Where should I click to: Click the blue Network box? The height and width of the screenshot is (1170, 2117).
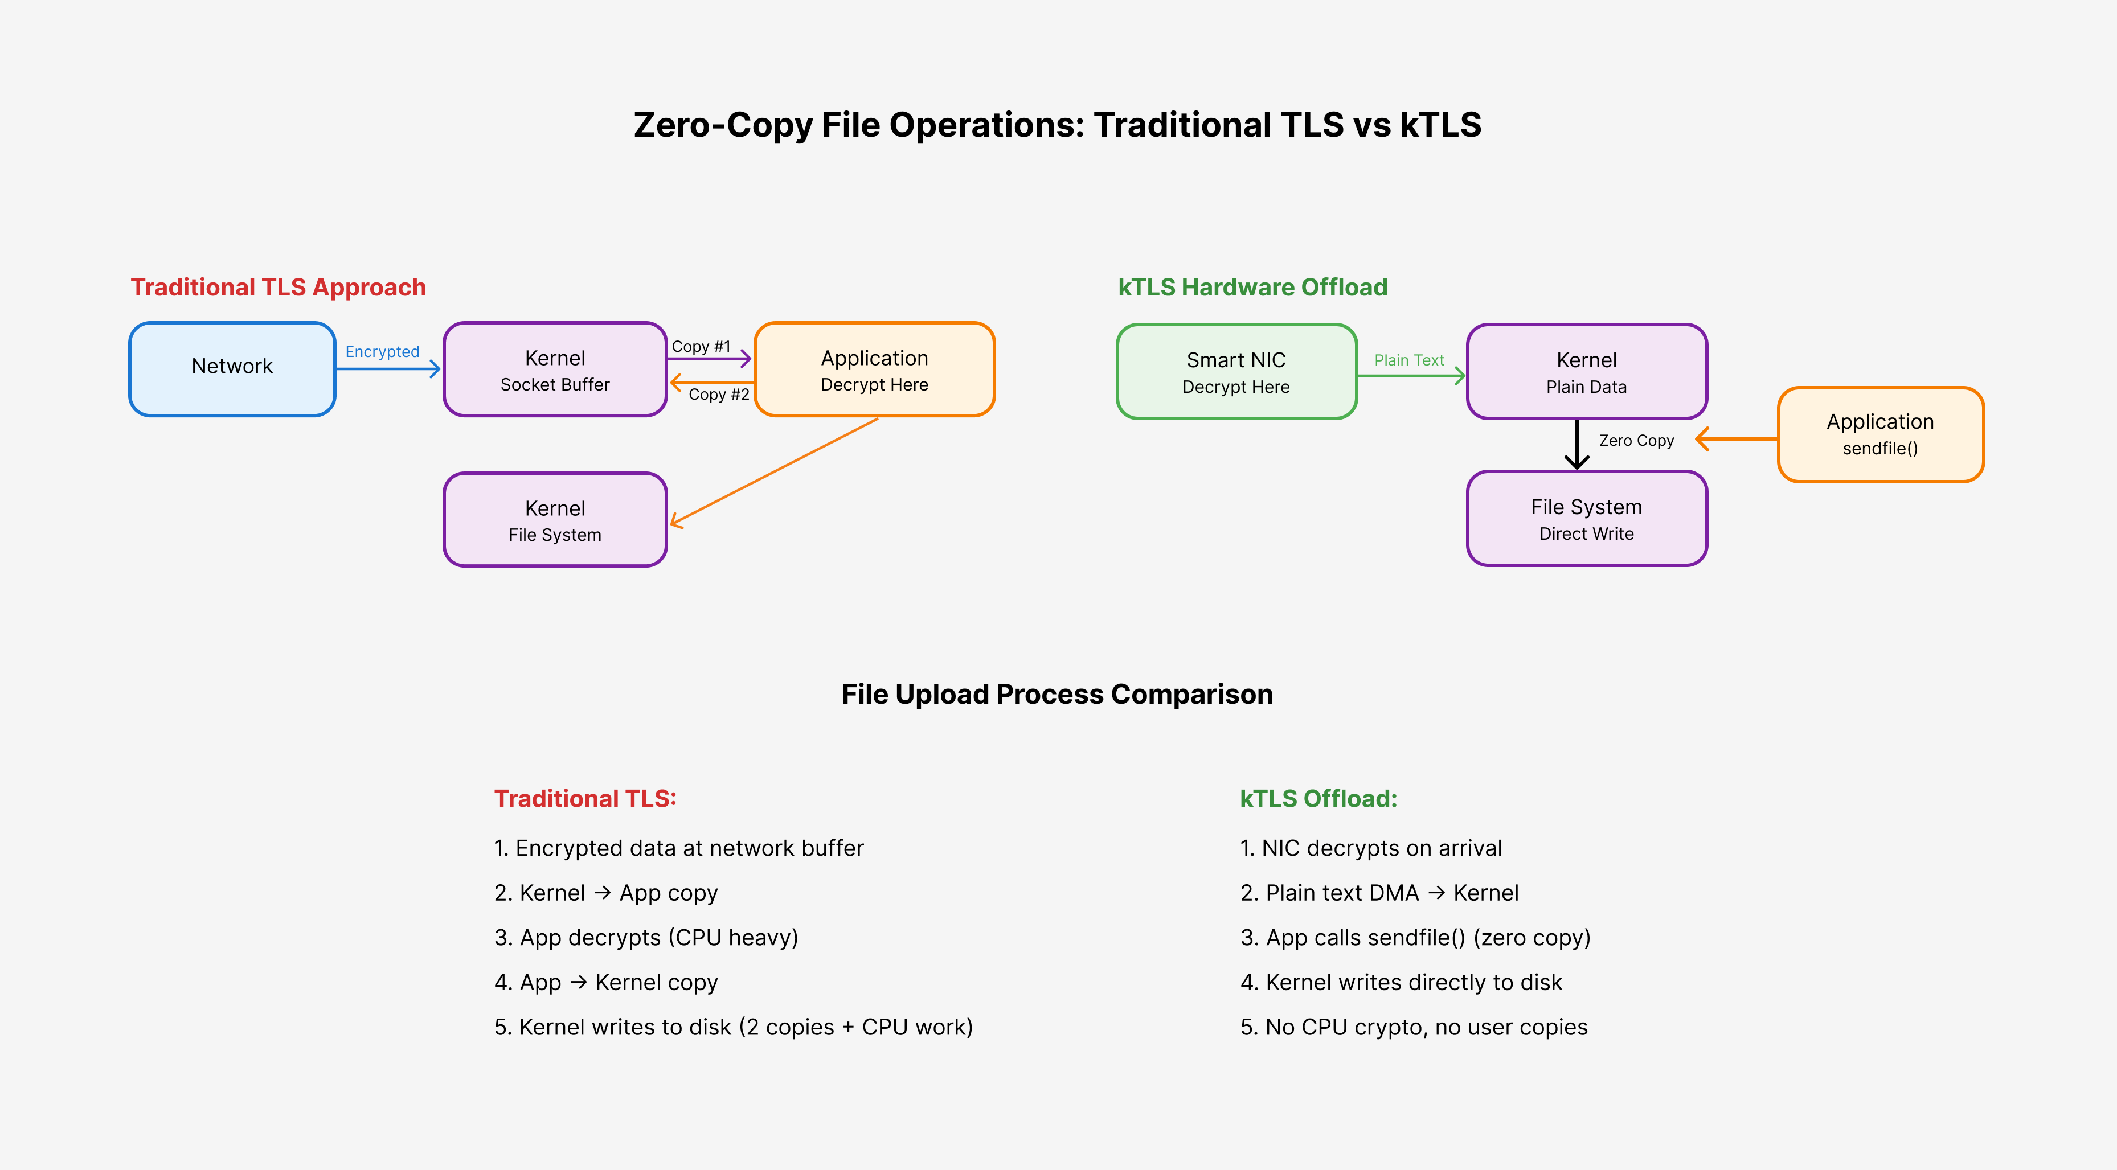[x=232, y=369]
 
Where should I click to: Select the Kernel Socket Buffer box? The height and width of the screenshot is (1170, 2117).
[x=555, y=369]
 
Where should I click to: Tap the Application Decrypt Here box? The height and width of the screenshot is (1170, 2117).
[x=874, y=369]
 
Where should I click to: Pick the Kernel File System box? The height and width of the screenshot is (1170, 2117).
[x=555, y=519]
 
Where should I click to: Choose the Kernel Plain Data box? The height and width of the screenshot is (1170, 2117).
[x=1587, y=371]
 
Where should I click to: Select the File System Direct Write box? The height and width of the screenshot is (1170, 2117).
[x=1587, y=519]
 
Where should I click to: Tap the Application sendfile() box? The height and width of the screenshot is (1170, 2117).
[x=1880, y=434]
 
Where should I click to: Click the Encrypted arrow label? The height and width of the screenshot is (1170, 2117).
[x=382, y=352]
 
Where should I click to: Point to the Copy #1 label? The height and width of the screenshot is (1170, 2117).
[x=701, y=347]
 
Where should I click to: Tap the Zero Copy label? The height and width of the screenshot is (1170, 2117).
[x=1636, y=441]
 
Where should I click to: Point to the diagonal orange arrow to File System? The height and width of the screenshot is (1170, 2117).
[x=774, y=471]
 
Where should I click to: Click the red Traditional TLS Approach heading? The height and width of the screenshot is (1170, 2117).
[x=279, y=287]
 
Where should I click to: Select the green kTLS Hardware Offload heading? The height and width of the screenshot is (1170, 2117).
[x=1252, y=287]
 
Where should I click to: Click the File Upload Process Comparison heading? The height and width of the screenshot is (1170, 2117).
[x=1058, y=694]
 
